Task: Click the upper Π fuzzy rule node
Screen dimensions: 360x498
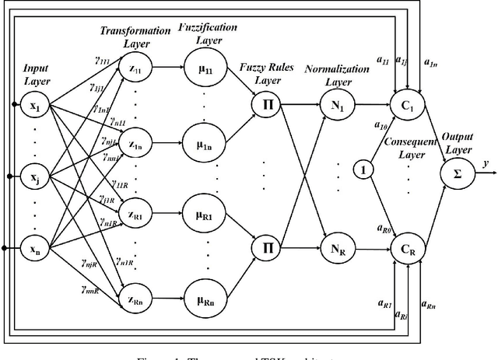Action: coord(265,103)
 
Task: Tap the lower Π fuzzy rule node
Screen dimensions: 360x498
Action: coord(265,248)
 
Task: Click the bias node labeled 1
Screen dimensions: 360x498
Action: coord(361,168)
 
